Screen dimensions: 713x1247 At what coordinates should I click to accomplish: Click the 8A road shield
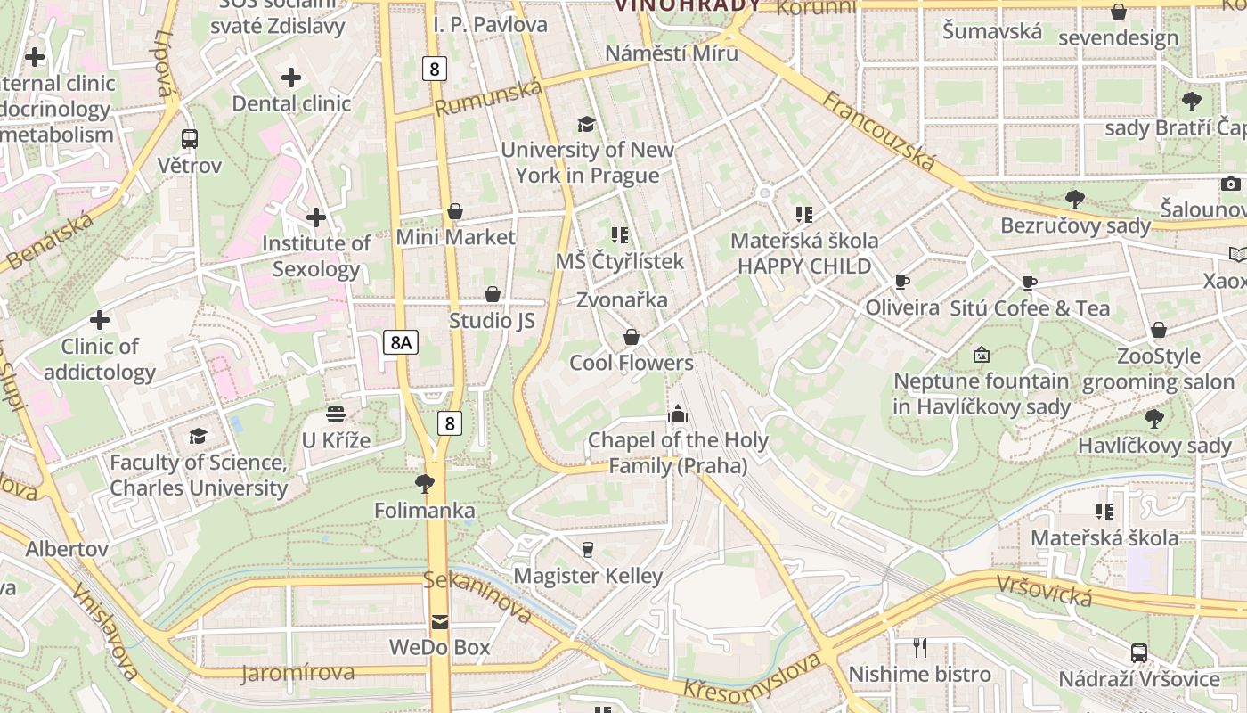[401, 342]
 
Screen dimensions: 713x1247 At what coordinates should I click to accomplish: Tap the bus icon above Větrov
[190, 138]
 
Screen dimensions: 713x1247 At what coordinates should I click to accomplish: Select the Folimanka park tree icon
[425, 484]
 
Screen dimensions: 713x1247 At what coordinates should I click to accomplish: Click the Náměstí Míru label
[672, 53]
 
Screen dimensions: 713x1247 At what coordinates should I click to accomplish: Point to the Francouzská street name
[878, 131]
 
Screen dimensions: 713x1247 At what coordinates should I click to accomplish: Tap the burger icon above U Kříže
[336, 414]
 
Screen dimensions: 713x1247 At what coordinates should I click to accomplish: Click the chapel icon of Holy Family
[678, 414]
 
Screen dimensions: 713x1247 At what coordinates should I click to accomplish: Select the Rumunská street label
[488, 97]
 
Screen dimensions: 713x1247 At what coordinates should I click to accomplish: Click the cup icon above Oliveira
[902, 283]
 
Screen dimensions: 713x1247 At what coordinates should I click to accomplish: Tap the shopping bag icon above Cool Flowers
[632, 337]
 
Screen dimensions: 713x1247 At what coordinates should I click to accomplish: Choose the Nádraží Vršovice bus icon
[1138, 652]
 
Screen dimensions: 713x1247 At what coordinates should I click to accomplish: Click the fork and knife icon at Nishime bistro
[920, 648]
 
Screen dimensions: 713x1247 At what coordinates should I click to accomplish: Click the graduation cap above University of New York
[586, 123]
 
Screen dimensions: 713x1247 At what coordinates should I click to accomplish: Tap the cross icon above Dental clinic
[291, 78]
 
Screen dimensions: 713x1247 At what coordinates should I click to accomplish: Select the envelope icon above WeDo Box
[440, 621]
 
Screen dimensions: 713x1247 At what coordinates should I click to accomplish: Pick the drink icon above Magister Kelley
[588, 549]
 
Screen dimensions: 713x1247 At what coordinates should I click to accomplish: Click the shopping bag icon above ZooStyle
[1159, 331]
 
